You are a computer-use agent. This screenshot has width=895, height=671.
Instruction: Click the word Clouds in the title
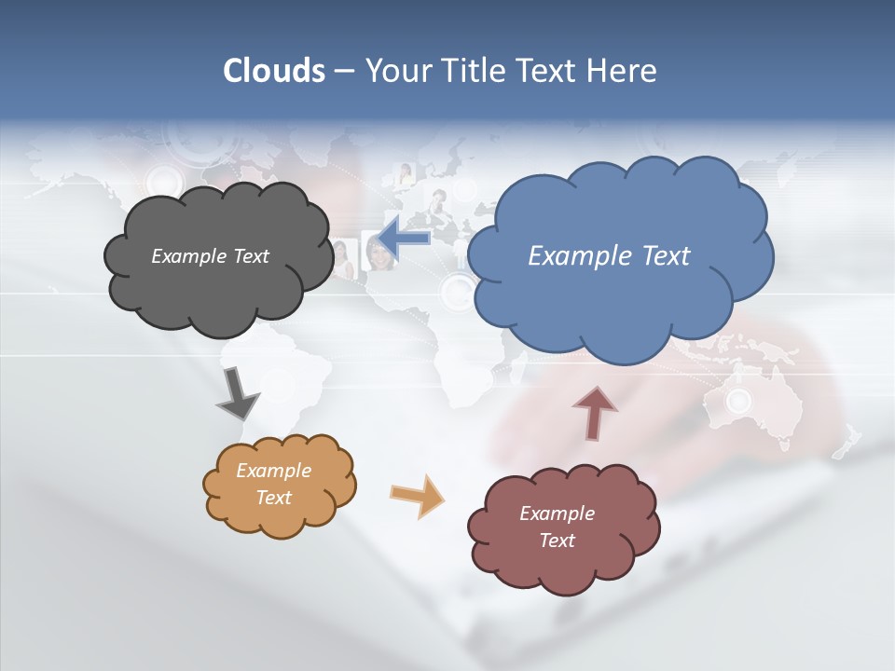pyautogui.click(x=274, y=71)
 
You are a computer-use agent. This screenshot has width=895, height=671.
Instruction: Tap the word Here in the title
pyautogui.click(x=621, y=71)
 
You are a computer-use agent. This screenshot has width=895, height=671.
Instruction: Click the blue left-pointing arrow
pyautogui.click(x=404, y=240)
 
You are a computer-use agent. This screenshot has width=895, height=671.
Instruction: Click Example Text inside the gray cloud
pyautogui.click(x=210, y=256)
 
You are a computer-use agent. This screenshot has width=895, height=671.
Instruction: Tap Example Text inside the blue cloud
pyautogui.click(x=609, y=256)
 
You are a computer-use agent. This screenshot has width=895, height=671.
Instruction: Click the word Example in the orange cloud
pyautogui.click(x=273, y=471)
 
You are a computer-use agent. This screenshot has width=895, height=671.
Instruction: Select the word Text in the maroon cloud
pyautogui.click(x=557, y=541)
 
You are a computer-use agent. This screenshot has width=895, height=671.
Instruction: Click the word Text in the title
pyautogui.click(x=545, y=71)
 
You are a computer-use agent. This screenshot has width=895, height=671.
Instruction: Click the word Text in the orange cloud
pyautogui.click(x=273, y=498)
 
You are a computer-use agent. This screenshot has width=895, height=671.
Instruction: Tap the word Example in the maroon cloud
pyautogui.click(x=557, y=514)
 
